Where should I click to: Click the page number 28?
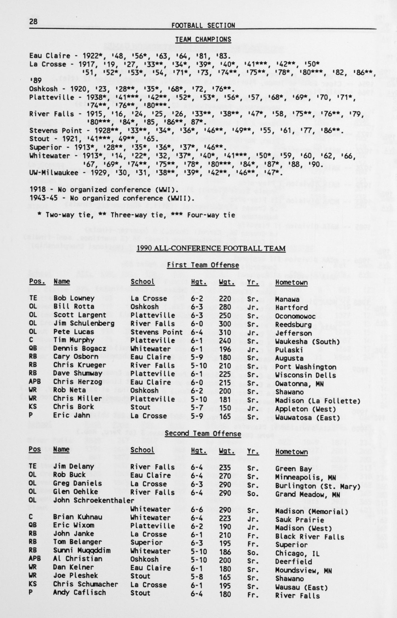pos(33,22)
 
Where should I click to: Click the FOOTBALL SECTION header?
pos(203,25)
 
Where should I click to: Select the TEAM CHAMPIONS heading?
pos(203,39)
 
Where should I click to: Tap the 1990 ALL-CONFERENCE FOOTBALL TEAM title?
pos(211,248)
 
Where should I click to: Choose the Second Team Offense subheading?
pos(203,433)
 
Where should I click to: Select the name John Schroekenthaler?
pos(94,501)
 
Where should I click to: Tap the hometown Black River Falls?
pos(310,537)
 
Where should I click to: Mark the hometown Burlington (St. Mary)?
pos(317,486)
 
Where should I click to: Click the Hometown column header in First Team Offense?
pos(291,283)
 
